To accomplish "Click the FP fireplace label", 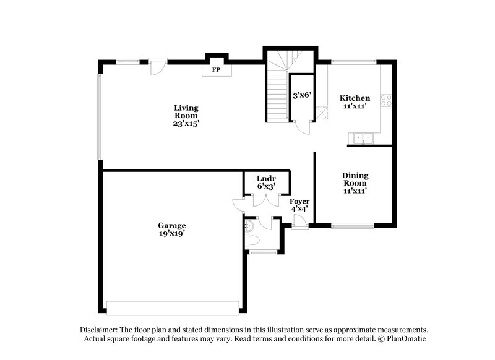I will pos(217,70).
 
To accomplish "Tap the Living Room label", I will pos(186,111).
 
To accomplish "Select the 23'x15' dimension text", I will pos(186,123).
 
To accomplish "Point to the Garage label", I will pos(171,225).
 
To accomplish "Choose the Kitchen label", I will pos(355,98).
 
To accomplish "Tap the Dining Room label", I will pos(355,179).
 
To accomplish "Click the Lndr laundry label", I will pos(266,178).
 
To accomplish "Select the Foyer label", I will pos(299,201).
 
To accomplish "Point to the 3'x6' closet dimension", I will pos(301,95).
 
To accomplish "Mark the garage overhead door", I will pos(173,307).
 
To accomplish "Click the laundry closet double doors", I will pos(266,200).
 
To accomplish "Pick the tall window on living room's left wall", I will pos(100,117).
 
